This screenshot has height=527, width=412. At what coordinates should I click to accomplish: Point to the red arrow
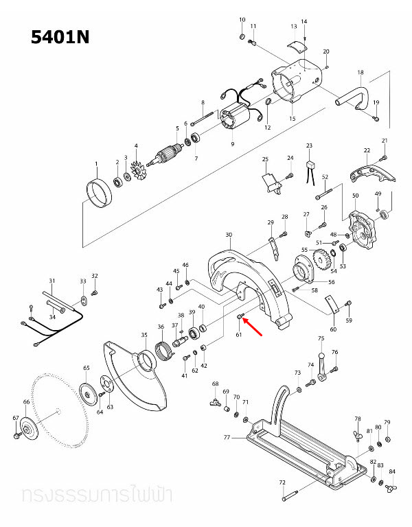[x=253, y=327]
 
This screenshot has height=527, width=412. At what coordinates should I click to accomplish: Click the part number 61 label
[x=239, y=335]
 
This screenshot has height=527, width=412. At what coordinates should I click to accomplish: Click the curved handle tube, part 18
[x=358, y=96]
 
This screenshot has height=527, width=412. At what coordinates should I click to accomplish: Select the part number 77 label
[x=227, y=436]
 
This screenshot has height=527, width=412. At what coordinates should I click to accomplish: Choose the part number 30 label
[x=229, y=235]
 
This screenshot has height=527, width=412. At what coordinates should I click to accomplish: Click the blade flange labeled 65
[x=88, y=393]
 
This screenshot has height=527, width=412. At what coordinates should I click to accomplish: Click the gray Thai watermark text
[x=96, y=494]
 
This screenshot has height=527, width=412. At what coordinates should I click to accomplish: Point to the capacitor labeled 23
[x=310, y=165]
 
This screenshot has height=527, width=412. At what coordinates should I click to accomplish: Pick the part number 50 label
[x=355, y=196]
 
